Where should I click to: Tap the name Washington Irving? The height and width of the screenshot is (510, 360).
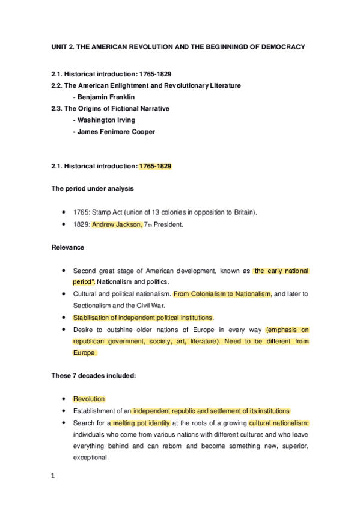pyautogui.click(x=103, y=120)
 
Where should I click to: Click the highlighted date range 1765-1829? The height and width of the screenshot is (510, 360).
pyautogui.click(x=156, y=165)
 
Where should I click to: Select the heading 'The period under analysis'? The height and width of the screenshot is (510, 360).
pyautogui.click(x=92, y=188)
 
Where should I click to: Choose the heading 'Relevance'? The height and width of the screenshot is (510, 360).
pyautogui.click(x=67, y=247)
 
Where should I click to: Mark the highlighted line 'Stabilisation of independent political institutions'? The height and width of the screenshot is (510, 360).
pyautogui.click(x=143, y=318)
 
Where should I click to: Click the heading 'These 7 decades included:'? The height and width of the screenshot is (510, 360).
pyautogui.click(x=93, y=376)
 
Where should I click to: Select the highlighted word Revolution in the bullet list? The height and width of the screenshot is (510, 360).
pyautogui.click(x=89, y=399)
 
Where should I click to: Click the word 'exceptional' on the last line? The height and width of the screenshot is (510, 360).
pyautogui.click(x=90, y=457)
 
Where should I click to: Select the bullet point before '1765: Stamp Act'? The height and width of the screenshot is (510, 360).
pyautogui.click(x=64, y=212)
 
